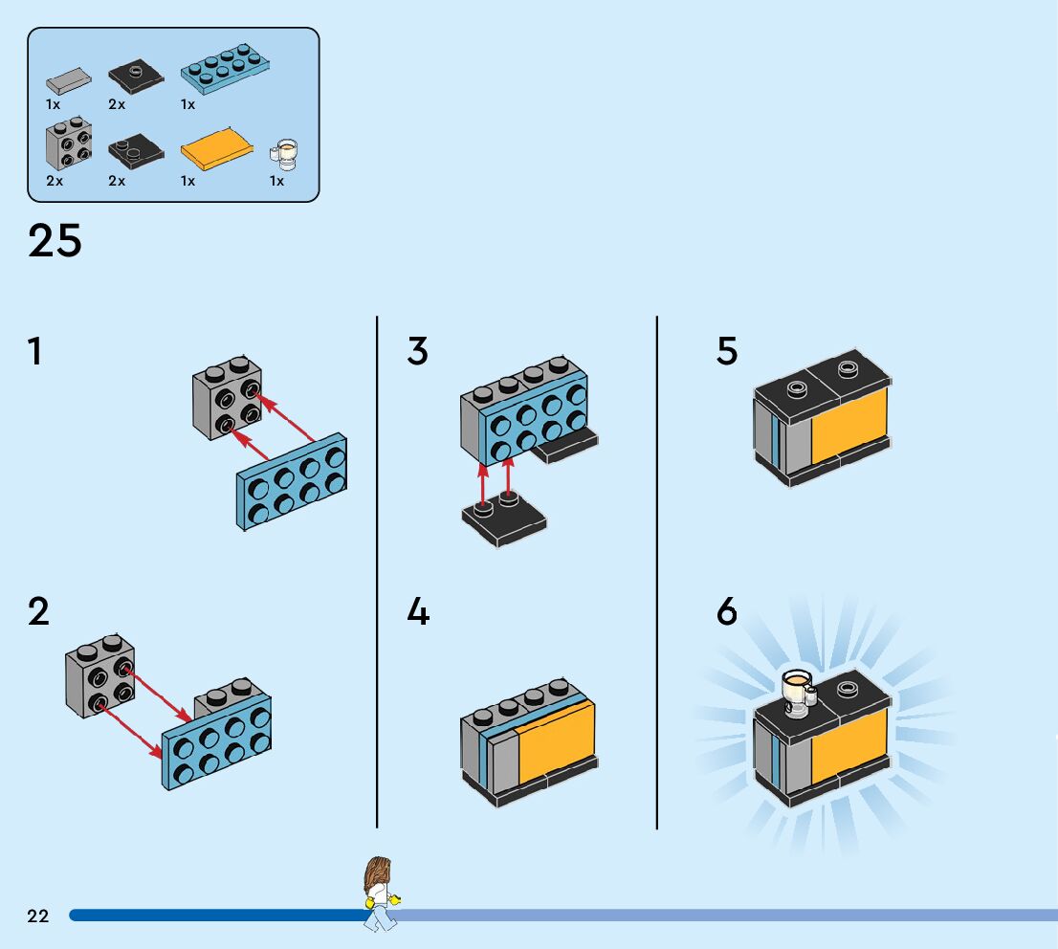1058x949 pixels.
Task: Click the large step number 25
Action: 55,241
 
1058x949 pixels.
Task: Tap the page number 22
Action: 38,916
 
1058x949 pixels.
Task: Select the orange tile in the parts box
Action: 217,149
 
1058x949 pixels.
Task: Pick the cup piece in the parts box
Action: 285,152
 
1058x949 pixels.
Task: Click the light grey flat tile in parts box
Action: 69,79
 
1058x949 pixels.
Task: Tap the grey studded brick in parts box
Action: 69,144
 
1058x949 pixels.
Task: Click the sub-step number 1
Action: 35,352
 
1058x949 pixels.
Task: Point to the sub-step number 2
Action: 38,612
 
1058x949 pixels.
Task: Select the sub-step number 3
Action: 417,352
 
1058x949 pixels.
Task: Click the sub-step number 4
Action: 418,612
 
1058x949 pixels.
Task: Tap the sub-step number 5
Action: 727,352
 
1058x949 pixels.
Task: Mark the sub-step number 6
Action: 727,612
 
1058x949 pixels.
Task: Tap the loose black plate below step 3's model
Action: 504,521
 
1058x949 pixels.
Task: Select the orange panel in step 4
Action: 555,741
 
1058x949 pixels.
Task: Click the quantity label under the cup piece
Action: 276,181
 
